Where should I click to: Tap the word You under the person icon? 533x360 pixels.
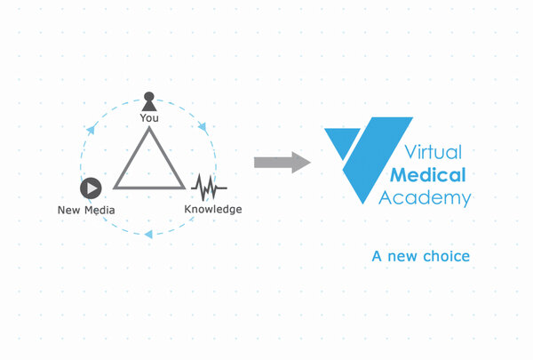point(149,116)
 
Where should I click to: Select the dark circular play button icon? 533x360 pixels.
point(90,188)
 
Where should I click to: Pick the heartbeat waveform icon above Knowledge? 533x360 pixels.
point(209,188)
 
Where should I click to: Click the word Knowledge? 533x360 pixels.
point(212,209)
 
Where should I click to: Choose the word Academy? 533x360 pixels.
point(424,196)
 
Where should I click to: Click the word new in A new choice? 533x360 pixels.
point(404,256)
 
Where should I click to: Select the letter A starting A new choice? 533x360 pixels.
point(378,256)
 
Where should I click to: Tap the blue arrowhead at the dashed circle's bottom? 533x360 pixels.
point(148,233)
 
